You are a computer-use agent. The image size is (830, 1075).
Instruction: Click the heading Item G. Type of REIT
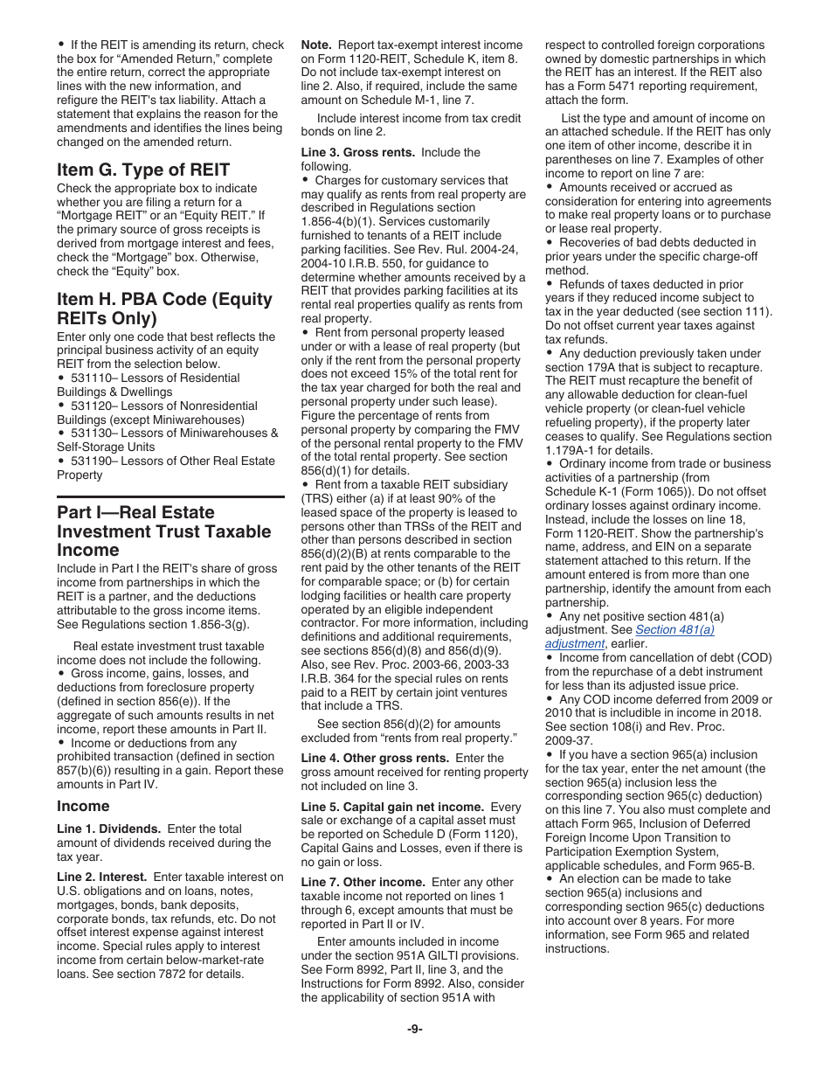(143, 170)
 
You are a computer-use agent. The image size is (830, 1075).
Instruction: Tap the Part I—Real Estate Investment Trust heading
(164, 531)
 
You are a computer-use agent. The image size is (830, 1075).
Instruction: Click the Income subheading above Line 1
(83, 806)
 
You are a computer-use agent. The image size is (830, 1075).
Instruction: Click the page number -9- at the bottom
(415, 1029)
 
